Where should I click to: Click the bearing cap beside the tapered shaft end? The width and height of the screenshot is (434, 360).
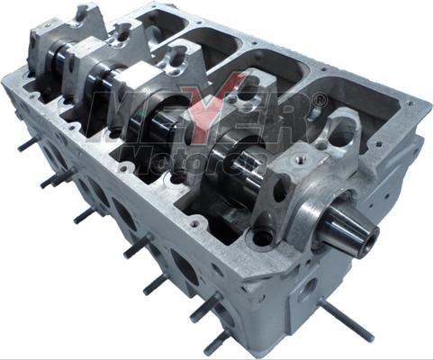click(306, 171)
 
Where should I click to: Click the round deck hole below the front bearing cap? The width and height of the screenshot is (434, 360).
click(261, 238)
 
